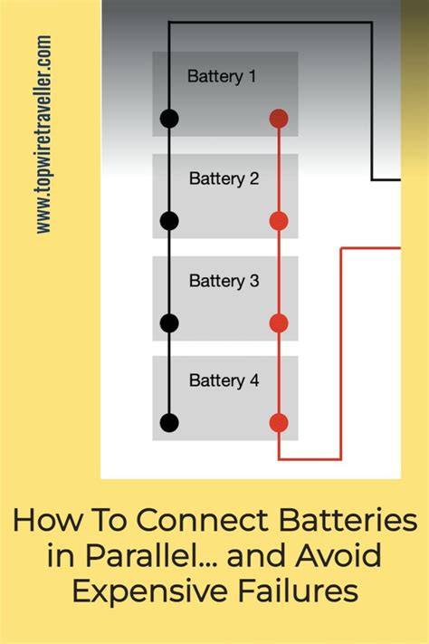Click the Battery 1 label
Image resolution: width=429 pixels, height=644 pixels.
coord(222,77)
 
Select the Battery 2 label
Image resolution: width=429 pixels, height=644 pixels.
coord(224,179)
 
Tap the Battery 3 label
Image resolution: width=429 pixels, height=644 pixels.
coord(224,282)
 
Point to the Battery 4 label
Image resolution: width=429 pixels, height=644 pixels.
coord(224,381)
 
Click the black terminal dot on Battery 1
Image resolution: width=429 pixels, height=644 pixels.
coord(169,119)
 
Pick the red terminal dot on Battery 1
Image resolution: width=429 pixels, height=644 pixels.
coord(279,119)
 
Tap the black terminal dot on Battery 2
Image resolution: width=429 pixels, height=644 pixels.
coord(169,221)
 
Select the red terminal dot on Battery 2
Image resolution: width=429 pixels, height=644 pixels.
coord(279,221)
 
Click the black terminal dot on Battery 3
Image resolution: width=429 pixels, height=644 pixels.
coord(169,323)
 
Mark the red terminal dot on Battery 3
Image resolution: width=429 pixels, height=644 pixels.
coord(279,323)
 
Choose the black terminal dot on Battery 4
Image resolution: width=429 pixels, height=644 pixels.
coord(169,422)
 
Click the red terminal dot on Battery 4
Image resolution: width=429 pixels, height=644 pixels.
coord(279,422)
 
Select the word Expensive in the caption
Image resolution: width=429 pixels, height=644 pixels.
coord(145,591)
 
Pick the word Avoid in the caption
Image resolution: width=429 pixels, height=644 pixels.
coord(334,556)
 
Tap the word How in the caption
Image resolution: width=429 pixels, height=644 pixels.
coord(43,521)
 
